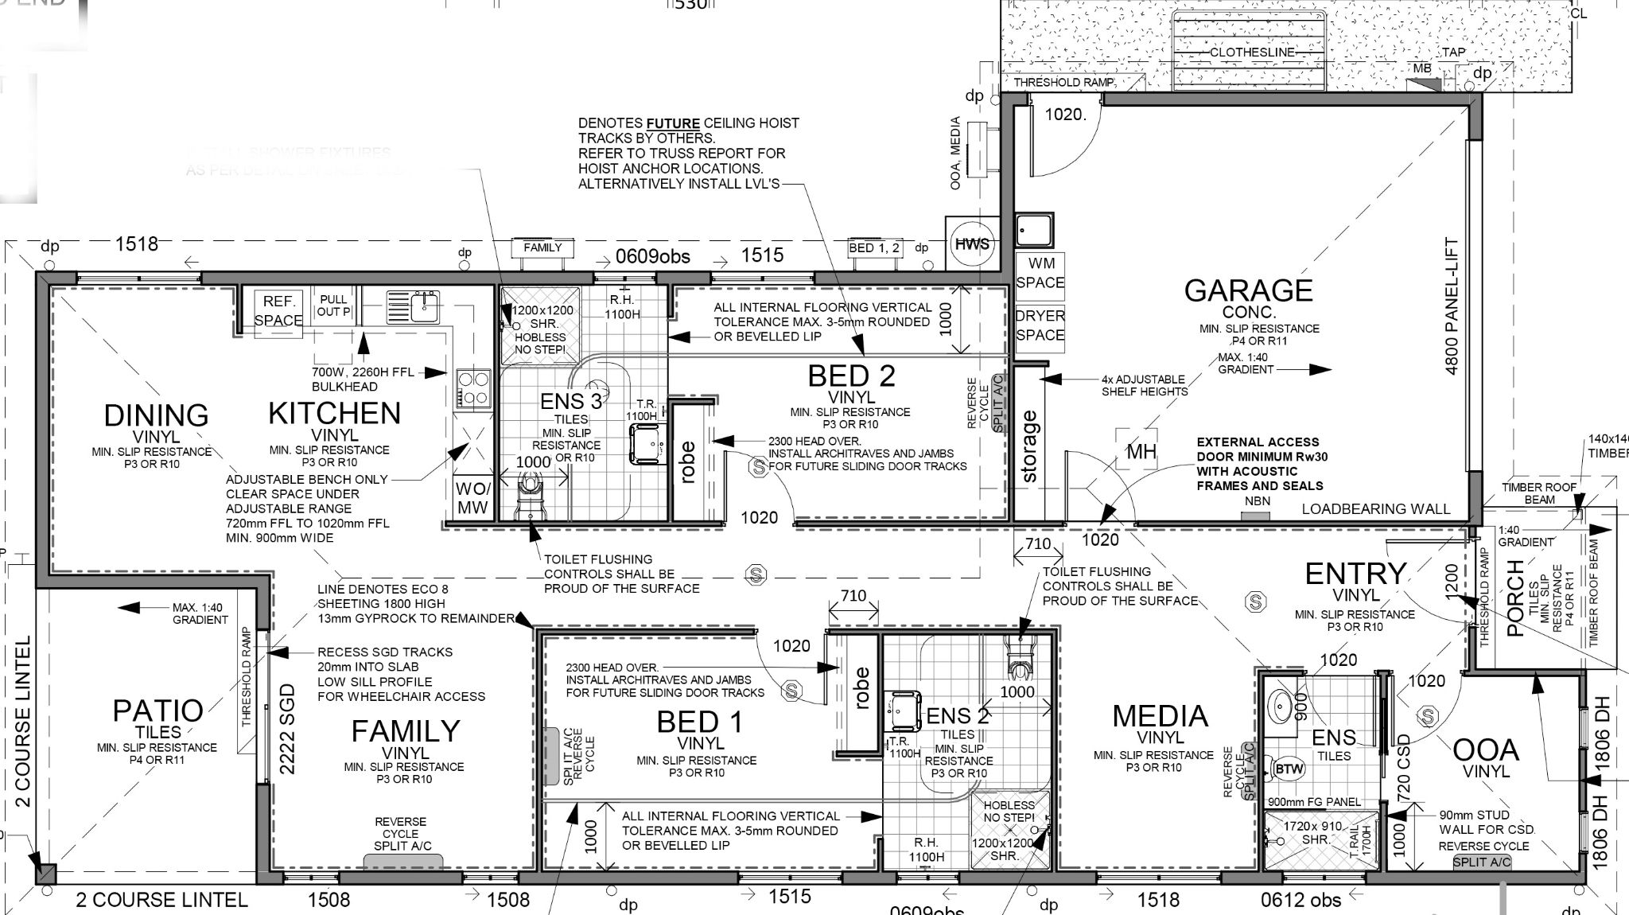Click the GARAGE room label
1248,290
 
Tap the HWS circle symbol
971,243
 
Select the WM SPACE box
1040,273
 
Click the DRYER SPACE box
1040,325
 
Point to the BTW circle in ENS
1289,769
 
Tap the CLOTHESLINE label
1252,52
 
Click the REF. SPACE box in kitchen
278,310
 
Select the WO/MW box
472,498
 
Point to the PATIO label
157,710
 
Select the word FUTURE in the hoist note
672,123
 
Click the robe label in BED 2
688,462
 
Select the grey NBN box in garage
1257,516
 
